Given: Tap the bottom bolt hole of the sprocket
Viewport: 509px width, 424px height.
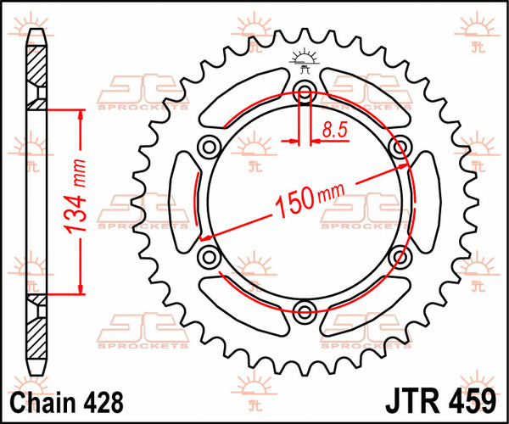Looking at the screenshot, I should [304, 308].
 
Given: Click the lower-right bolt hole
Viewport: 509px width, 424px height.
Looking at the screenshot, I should [398, 254].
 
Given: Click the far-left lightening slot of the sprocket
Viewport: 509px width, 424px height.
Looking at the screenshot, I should [182, 201].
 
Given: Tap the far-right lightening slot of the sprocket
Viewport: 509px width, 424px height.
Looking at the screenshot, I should [424, 201].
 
